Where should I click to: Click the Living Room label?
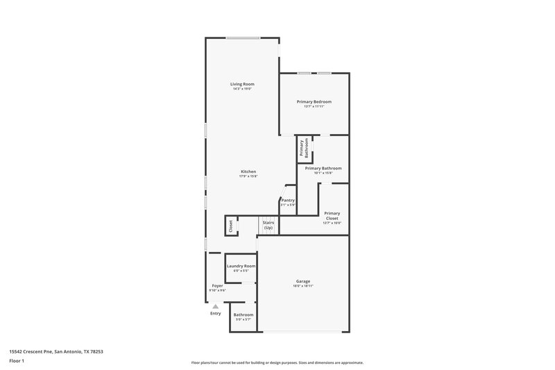242,84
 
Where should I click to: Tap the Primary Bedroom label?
314,101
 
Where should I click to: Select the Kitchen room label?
248,171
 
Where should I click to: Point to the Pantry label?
288,200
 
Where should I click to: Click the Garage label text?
303,281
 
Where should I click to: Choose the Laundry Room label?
241,266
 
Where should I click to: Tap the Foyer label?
217,285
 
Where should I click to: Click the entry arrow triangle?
216,305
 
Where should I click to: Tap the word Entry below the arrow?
216,313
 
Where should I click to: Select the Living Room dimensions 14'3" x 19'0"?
242,89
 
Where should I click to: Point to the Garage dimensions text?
303,286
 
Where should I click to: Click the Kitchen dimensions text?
248,176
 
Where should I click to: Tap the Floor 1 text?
17,361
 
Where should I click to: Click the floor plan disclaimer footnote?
277,362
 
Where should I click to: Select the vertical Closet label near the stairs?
230,226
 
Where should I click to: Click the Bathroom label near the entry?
243,314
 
